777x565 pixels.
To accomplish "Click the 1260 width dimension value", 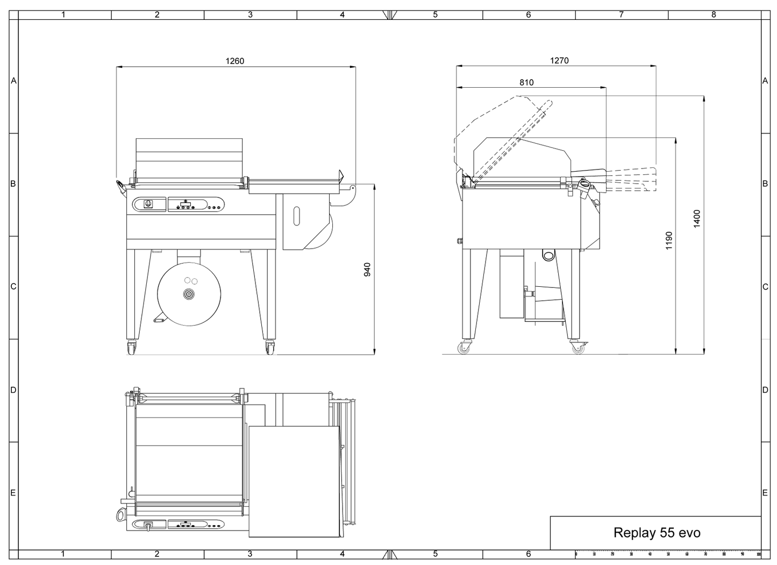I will tap(235, 61).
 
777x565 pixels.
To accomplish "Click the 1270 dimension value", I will tap(559, 61).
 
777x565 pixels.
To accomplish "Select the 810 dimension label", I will tap(526, 82).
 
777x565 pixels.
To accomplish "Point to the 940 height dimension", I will tap(368, 270).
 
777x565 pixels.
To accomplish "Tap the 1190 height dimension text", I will tap(669, 241).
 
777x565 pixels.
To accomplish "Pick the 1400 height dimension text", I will tap(697, 218).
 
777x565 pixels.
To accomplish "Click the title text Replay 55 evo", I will tap(657, 533).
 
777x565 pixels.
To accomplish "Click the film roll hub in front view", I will tap(189, 294).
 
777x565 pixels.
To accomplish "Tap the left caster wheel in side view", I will tap(464, 348).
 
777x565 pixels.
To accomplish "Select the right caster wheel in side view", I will tap(578, 348).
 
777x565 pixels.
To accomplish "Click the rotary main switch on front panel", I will tap(148, 204).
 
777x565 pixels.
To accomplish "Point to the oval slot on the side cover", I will tap(297, 215).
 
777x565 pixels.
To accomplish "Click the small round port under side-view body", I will tap(548, 255).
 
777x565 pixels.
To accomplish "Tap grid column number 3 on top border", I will tap(250, 15).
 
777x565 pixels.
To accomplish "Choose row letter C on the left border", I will tap(13, 287).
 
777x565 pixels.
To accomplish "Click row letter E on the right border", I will tap(765, 493).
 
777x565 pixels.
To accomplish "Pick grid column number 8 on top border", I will tap(714, 15).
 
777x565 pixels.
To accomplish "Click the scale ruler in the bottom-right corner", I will tap(668, 554).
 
